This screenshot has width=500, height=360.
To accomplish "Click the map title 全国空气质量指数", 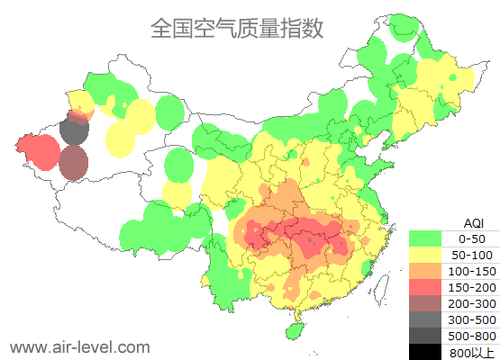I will click(237, 28).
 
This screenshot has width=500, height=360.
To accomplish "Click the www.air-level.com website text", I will click(80, 346).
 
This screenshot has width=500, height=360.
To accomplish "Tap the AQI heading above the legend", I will click(472, 222).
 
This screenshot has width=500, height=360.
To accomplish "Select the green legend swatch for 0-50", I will click(425, 238).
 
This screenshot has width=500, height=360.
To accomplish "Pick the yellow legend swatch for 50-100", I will click(425, 255).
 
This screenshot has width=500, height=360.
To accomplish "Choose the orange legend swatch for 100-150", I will click(425, 271).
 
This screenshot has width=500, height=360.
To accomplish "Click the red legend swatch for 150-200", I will click(425, 287).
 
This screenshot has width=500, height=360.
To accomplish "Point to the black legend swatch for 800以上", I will click(425, 351).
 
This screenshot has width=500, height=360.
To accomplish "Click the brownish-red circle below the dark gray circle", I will click(74, 163).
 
